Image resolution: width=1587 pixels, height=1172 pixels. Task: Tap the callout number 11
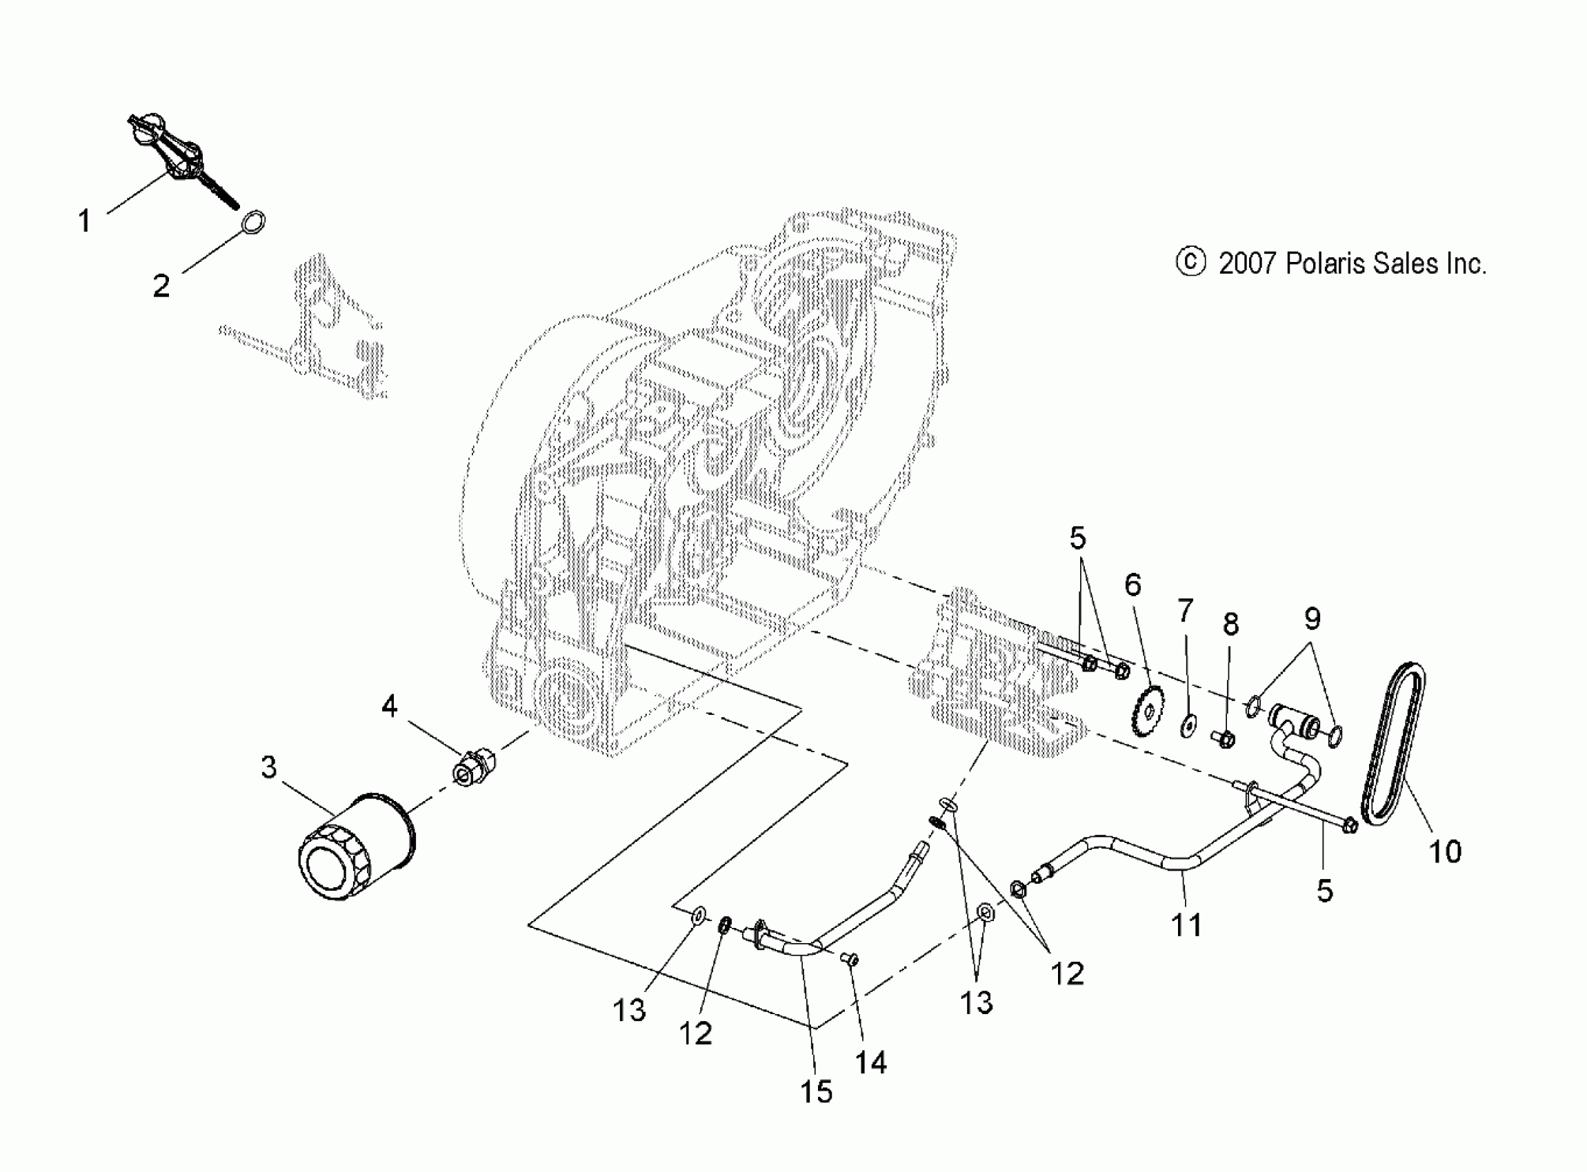(1186, 925)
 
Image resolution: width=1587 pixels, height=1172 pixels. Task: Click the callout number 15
(816, 1092)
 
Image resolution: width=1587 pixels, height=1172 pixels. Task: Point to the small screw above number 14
(850, 960)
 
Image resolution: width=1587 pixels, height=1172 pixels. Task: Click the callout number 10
(1445, 851)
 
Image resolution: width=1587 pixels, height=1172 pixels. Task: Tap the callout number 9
(1312, 618)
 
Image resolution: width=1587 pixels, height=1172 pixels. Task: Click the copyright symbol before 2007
(1191, 262)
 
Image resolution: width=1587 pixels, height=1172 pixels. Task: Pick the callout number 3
(268, 767)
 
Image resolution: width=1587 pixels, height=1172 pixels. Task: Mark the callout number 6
(1133, 585)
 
